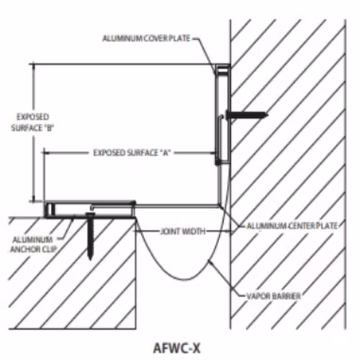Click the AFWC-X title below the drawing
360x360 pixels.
[176, 348]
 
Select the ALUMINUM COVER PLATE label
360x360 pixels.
[146, 38]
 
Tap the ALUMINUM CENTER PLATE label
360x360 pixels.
[292, 226]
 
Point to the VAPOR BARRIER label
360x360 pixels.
[274, 296]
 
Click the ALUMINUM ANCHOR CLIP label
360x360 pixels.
[32, 245]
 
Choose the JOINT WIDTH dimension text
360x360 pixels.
[183, 231]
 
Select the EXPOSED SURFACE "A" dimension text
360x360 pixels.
[132, 153]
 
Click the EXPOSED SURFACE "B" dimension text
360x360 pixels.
[32, 122]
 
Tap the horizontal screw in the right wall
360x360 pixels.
[247, 114]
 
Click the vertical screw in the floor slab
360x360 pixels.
[91, 236]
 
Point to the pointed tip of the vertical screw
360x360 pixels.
[90, 260]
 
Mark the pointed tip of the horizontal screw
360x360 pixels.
[268, 114]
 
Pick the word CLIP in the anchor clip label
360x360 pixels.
[49, 249]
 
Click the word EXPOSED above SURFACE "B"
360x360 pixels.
[32, 117]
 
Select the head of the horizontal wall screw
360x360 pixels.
[228, 114]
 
